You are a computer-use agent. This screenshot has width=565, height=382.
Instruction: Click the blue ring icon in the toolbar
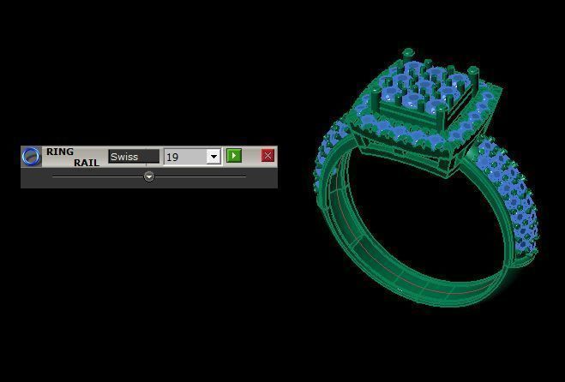click(31, 156)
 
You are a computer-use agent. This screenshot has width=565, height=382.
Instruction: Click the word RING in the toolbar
click(60, 152)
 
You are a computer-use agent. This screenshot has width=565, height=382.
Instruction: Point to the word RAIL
click(86, 163)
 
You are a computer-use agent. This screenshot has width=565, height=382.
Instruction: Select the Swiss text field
click(134, 157)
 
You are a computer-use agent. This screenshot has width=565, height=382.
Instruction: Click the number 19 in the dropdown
click(173, 158)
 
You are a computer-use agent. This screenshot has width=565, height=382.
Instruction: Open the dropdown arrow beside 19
click(213, 157)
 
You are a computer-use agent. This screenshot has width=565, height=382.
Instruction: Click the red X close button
click(267, 156)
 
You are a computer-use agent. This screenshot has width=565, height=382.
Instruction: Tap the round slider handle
click(149, 176)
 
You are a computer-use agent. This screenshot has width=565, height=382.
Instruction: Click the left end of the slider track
click(54, 176)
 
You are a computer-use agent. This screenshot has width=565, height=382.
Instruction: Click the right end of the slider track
click(245, 176)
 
